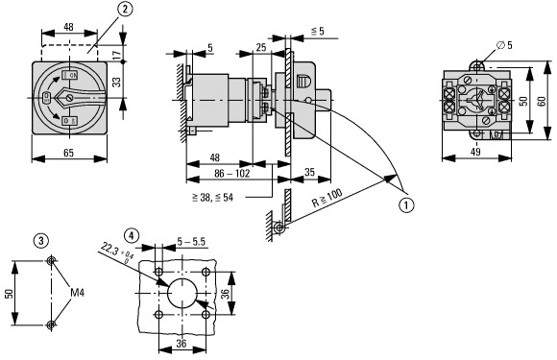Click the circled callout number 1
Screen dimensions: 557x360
click(406, 204)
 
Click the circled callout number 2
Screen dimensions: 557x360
click(125, 10)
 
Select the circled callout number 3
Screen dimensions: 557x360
click(41, 241)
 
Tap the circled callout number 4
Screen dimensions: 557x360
click(132, 235)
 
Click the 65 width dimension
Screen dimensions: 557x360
click(68, 153)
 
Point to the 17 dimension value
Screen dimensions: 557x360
click(116, 54)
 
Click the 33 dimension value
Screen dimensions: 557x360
click(116, 82)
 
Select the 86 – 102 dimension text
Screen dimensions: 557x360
click(232, 173)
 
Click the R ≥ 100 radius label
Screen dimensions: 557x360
click(327, 198)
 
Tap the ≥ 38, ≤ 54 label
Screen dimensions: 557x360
click(213, 198)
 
